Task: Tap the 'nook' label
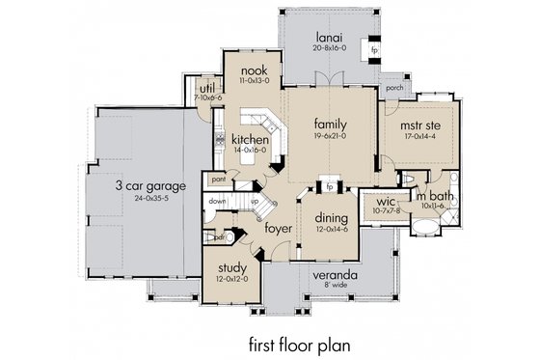[254, 70]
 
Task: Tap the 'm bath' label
[430, 196]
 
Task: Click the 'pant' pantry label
[219, 179]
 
